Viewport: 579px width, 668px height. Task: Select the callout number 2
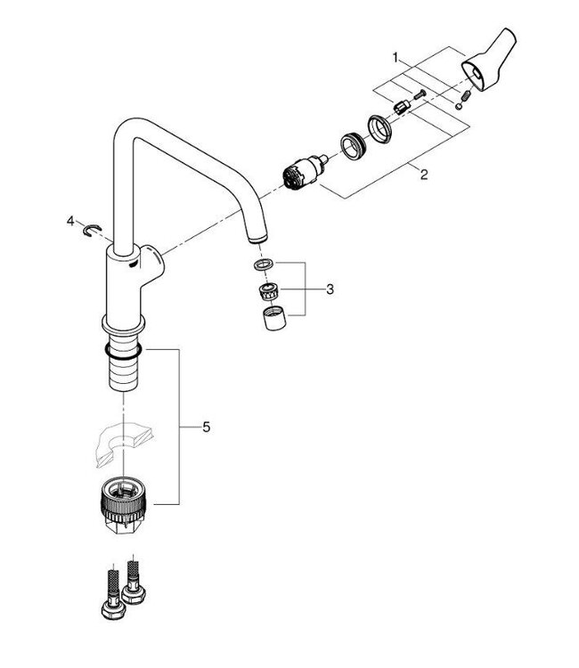[424, 175]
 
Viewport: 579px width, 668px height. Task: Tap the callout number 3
[330, 289]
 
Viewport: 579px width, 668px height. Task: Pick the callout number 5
[206, 428]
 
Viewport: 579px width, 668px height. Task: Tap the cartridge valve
[302, 170]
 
